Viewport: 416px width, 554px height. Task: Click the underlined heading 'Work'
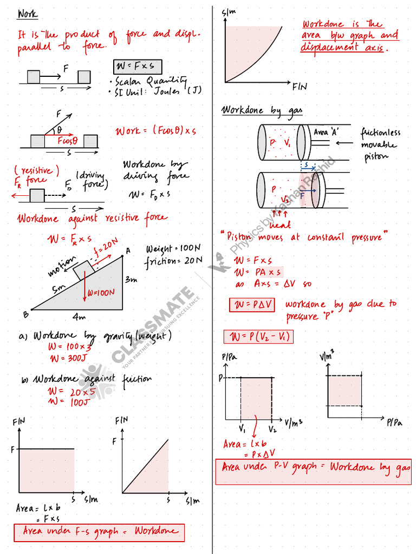[x=28, y=14]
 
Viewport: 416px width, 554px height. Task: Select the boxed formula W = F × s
[x=138, y=67]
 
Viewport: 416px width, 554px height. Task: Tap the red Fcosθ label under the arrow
[x=67, y=140]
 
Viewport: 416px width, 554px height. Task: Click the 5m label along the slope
[x=58, y=289]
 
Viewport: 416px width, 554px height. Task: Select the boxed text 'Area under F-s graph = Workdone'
[x=99, y=532]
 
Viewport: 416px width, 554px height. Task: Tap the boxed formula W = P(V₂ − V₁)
[x=258, y=337]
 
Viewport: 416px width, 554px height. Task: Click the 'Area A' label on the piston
[x=326, y=131]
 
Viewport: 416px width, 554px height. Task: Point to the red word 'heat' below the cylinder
[x=280, y=224]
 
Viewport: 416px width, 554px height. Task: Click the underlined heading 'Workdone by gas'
[x=262, y=110]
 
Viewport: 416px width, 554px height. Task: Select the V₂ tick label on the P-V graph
[x=272, y=430]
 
